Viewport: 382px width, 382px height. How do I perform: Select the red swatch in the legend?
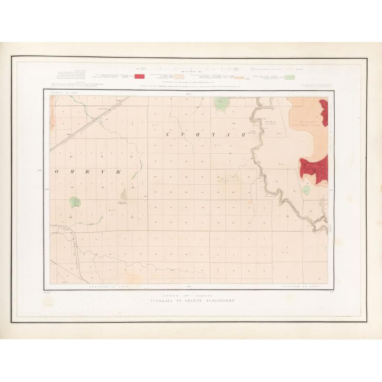tap(139, 76)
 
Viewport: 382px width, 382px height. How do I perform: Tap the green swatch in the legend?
tap(289, 76)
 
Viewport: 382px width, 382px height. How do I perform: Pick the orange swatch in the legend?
tap(239, 76)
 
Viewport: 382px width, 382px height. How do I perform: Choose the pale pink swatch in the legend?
tap(179, 76)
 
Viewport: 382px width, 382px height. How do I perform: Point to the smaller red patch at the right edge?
tap(324, 112)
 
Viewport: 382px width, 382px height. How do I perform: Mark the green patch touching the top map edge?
tap(220, 104)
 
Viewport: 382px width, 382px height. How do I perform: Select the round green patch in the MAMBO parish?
tap(74, 202)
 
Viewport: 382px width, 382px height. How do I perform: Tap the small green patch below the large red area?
tap(306, 190)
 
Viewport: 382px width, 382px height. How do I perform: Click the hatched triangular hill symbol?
tap(123, 193)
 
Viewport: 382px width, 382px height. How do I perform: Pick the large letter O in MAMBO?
tap(56, 170)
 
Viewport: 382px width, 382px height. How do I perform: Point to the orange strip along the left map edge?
tap(52, 115)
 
